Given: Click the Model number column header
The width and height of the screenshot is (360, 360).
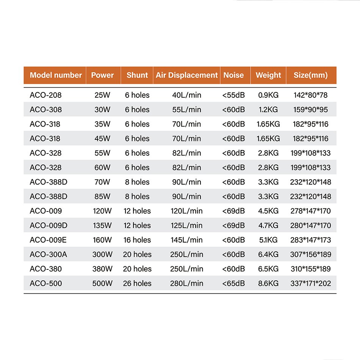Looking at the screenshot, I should pos(56,75).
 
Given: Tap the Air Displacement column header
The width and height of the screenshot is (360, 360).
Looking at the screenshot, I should pos(186,75).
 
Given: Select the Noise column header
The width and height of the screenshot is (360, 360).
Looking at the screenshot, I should pos(233,75).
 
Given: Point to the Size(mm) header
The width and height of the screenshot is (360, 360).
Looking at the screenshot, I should pos(310,75).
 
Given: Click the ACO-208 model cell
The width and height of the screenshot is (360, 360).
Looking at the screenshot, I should pos(45,95).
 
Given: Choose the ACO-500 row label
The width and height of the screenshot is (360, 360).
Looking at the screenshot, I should pos(45,283).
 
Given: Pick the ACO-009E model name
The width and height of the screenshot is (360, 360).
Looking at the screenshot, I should pos(48,240).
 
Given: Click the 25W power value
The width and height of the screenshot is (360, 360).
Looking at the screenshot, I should pos(102,95).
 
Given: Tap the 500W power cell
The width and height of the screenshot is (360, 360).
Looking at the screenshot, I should pos(102,283).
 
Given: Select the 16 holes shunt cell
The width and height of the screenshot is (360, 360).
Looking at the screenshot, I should pos(137,240).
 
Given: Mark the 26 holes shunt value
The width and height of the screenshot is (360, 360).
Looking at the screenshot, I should pos(137,283).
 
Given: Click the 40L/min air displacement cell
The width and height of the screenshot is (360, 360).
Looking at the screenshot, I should pos(186,95).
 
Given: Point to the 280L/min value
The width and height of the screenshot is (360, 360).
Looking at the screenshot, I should pos(186,283).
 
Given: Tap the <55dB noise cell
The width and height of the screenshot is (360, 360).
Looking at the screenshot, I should pos(233,95).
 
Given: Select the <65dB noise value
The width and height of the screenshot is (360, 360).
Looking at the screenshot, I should pos(233,283).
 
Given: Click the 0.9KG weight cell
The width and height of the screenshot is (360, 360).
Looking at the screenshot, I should pos(268,95).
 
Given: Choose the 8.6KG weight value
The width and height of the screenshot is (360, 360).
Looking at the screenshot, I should pos(268,283).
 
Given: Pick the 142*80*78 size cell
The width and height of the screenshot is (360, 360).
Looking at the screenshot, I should pos(310,95).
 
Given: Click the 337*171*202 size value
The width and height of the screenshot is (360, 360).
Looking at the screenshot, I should pos(310,283).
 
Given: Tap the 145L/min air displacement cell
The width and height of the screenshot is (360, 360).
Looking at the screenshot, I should pos(186,240).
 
